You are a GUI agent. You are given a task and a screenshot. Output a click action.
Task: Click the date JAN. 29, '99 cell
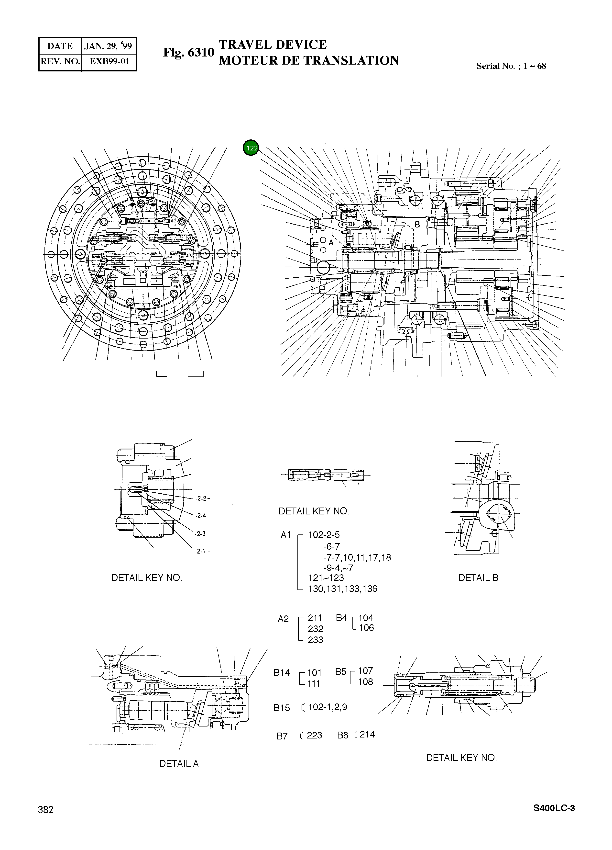click(108, 46)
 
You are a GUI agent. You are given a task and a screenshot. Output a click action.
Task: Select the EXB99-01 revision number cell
click(109, 61)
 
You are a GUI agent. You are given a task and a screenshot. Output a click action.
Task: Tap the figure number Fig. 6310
click(188, 53)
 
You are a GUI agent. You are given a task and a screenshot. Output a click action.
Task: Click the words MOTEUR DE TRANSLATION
click(309, 60)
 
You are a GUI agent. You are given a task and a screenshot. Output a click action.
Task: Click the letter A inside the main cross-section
click(331, 243)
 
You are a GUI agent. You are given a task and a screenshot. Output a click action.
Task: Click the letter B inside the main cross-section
click(417, 225)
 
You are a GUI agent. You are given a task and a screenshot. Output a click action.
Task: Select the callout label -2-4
click(201, 516)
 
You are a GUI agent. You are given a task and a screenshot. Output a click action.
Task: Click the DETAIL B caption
click(478, 578)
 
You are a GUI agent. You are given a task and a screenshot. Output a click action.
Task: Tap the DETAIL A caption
click(179, 763)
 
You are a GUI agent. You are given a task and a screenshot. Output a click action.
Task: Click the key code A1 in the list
click(286, 535)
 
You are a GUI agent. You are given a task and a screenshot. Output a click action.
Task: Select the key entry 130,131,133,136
click(342, 589)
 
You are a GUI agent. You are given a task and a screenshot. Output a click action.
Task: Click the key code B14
click(282, 673)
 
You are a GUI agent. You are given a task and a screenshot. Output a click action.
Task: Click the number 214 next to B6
click(367, 734)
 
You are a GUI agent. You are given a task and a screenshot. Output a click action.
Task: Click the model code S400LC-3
click(554, 818)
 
